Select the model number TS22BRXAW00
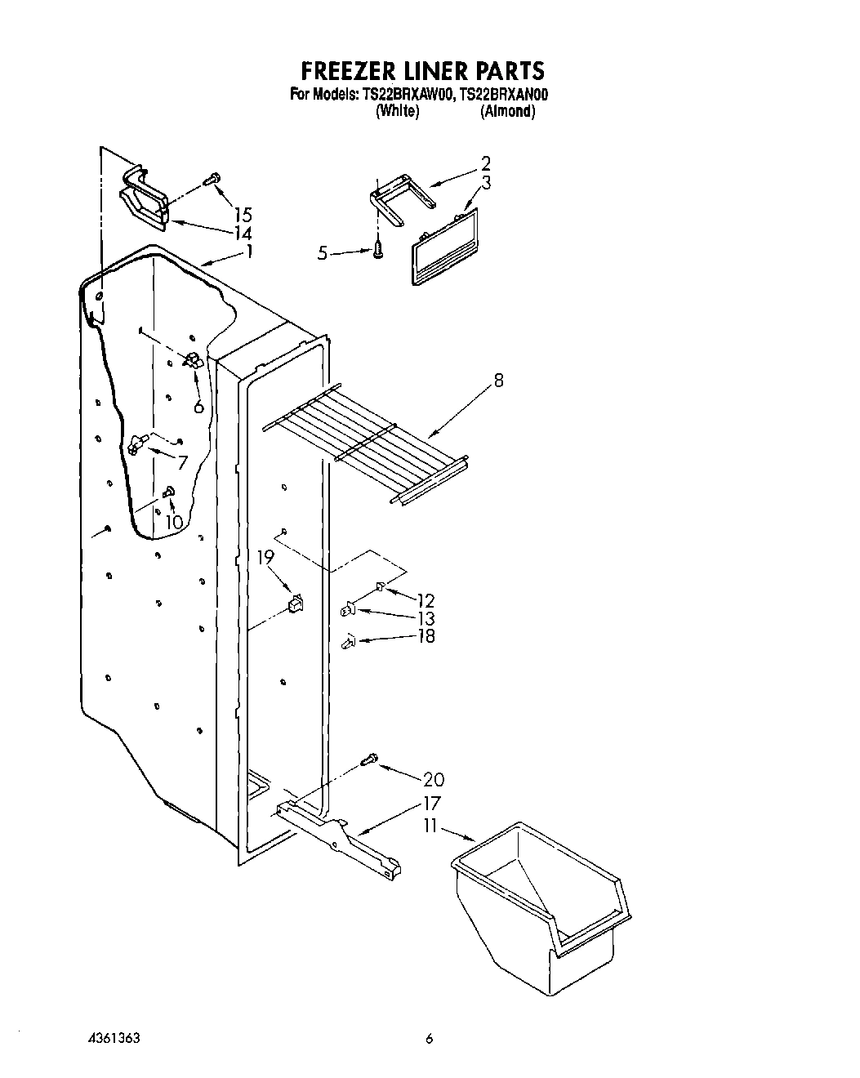tap(407, 95)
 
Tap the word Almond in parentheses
tap(508, 112)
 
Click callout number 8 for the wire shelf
tap(498, 380)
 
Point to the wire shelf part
tap(368, 441)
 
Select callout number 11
tap(430, 827)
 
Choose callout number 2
tap(485, 163)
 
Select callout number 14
tap(243, 233)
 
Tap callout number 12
tap(425, 601)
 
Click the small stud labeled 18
tap(348, 643)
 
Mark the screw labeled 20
tap(369, 759)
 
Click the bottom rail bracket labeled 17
tap(339, 833)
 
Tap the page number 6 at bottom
tap(429, 1039)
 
